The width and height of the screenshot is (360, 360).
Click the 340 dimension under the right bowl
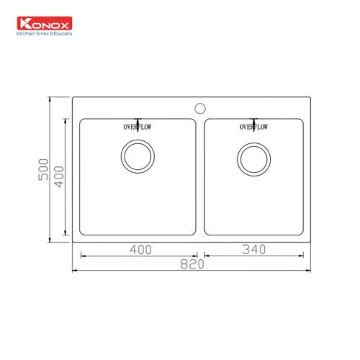[255, 249]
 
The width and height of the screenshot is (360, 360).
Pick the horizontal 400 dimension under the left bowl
[140, 249]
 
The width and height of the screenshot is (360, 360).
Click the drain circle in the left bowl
[136, 157]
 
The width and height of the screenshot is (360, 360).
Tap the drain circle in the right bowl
[253, 158]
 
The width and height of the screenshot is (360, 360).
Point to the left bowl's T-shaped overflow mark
[136, 121]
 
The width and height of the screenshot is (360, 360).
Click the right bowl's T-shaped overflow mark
[253, 121]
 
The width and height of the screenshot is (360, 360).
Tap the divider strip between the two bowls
[200, 176]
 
